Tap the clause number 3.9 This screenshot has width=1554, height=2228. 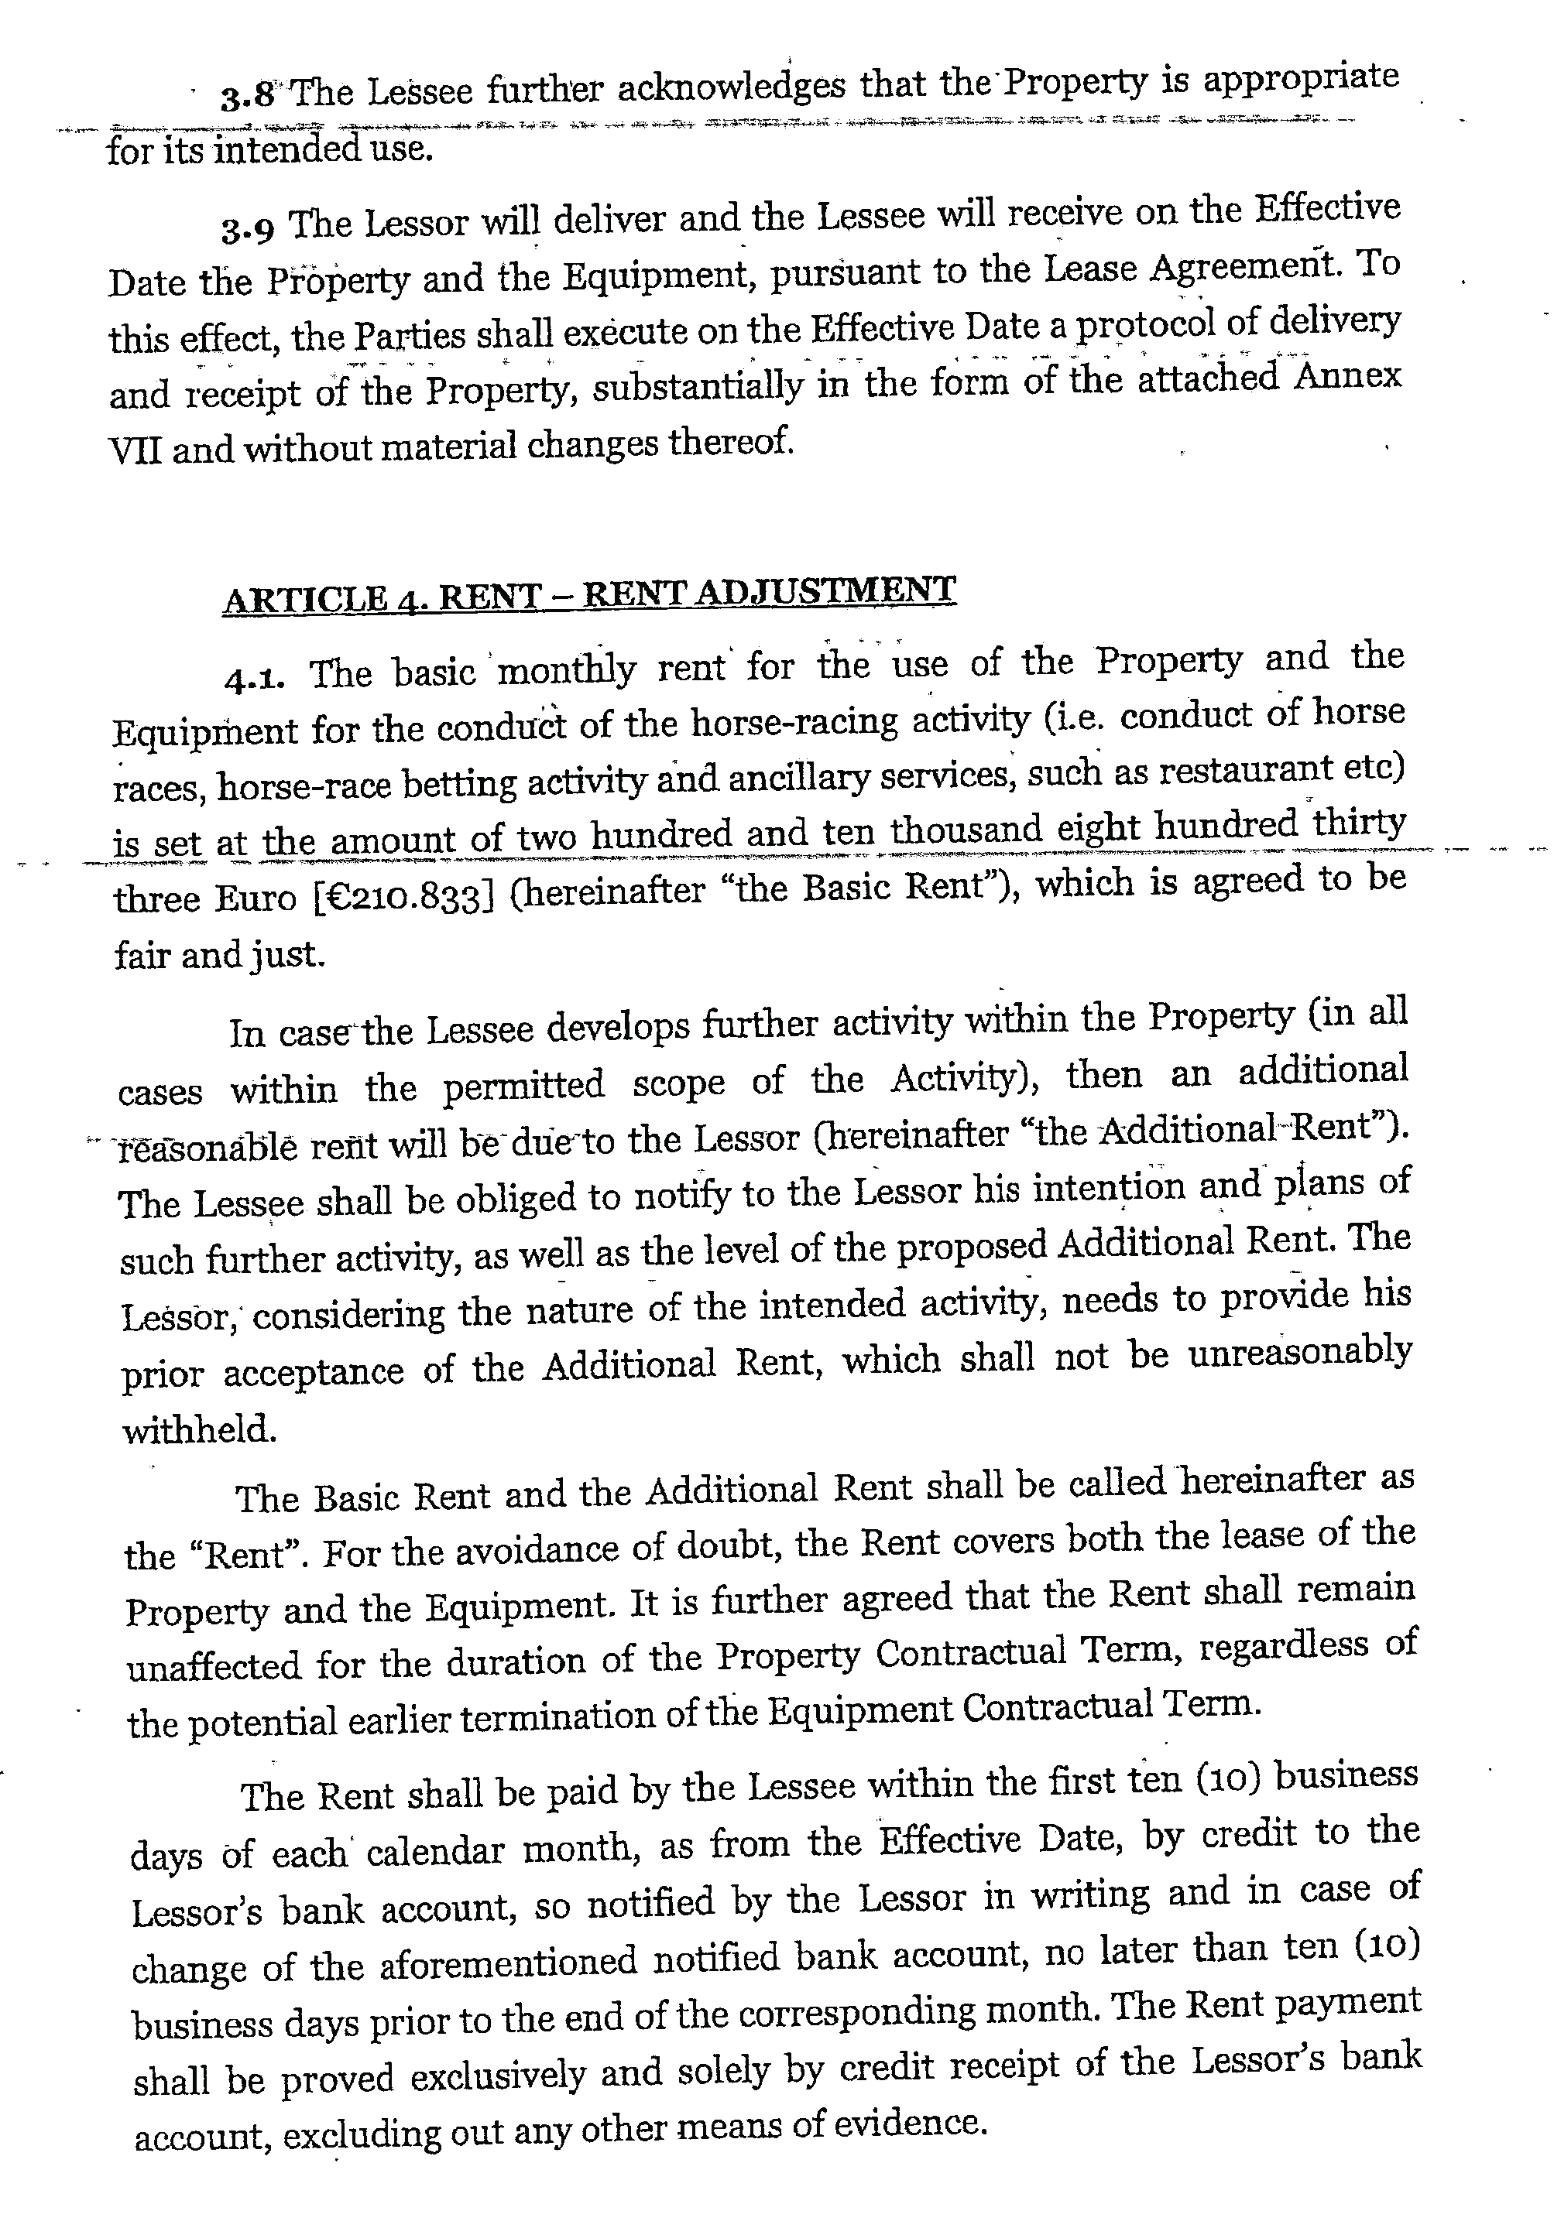click(246, 229)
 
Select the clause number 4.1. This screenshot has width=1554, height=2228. click(254, 677)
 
